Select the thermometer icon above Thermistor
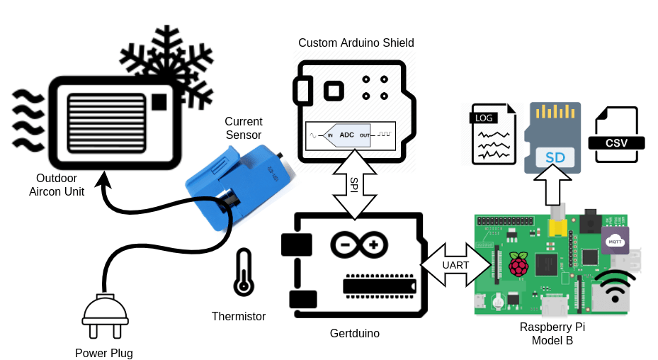click(x=244, y=272)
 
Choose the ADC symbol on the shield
click(x=347, y=135)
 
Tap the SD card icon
click(x=552, y=138)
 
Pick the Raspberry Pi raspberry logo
click(x=520, y=264)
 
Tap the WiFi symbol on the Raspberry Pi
click(x=615, y=287)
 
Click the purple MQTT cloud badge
click(x=615, y=240)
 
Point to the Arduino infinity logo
click(x=359, y=245)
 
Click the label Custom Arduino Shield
click(x=356, y=43)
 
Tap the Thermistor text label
click(x=239, y=316)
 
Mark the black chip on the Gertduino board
click(x=379, y=285)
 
